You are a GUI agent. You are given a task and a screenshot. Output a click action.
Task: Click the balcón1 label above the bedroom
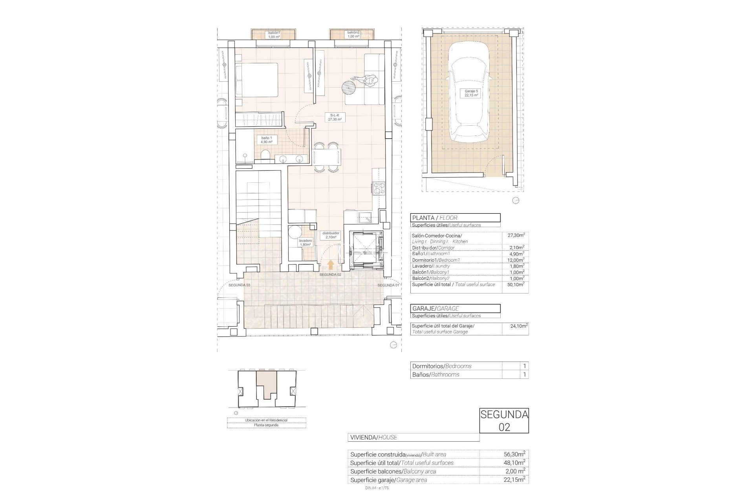point(274,35)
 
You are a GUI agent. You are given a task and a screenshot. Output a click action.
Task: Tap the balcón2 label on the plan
point(353,35)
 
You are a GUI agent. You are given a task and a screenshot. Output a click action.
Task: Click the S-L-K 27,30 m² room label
point(335,117)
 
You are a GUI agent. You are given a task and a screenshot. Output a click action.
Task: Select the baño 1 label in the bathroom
point(267,140)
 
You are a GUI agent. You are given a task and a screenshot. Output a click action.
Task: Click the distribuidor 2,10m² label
point(331,235)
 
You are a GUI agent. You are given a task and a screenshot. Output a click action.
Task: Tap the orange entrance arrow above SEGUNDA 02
point(330,264)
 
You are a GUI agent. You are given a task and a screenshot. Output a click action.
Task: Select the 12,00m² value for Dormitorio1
point(515,260)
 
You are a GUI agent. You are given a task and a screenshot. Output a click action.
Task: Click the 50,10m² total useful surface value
point(515,285)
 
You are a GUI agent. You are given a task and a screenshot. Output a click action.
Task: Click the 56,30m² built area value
point(514,454)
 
